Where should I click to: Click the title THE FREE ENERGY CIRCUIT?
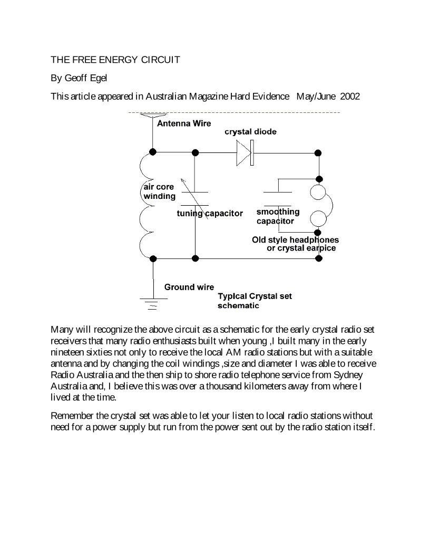tap(115, 60)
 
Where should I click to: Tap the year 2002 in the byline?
tap(350, 97)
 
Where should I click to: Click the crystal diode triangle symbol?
tap(244, 152)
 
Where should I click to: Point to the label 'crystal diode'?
tap(250, 132)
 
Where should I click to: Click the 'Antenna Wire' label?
tap(184, 123)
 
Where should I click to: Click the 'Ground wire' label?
tap(189, 287)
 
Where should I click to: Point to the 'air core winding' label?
tap(159, 192)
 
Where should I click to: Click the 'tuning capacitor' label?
tap(210, 214)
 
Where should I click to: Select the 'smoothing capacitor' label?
tap(278, 216)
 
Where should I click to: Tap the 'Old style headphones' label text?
tap(295, 240)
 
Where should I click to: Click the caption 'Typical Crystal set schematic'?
tap(255, 301)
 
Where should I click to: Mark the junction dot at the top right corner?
tap(318, 153)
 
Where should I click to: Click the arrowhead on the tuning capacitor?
tap(183, 181)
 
